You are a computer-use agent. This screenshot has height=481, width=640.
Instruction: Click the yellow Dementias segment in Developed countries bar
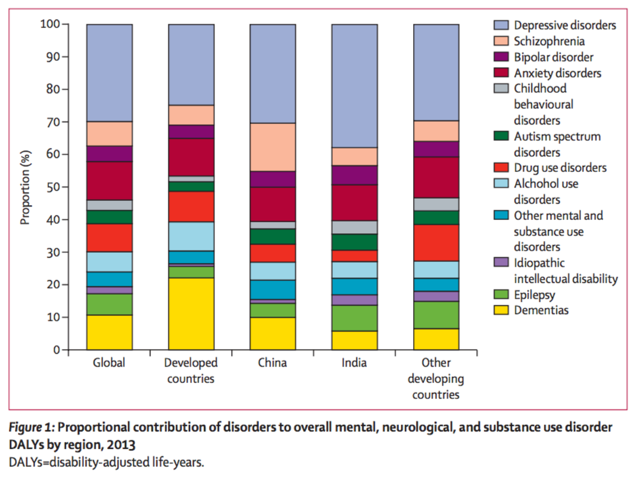pyautogui.click(x=191, y=314)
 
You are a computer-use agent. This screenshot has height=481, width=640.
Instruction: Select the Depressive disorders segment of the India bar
pyautogui.click(x=355, y=86)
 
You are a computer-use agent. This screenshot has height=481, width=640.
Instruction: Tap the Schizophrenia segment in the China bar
pyautogui.click(x=273, y=147)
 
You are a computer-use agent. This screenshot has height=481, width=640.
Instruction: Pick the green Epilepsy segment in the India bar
pyautogui.click(x=355, y=318)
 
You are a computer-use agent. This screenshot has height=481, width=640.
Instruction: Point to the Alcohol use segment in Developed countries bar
pyautogui.click(x=191, y=236)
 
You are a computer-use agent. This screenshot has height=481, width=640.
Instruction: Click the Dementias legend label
pyautogui.click(x=541, y=310)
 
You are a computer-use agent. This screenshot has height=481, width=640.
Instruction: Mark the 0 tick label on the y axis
pyautogui.click(x=56, y=350)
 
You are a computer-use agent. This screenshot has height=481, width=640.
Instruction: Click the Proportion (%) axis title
pyautogui.click(x=25, y=187)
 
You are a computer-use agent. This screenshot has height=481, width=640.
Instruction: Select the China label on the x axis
pyautogui.click(x=273, y=363)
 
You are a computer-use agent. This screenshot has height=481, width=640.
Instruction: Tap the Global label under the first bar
pyautogui.click(x=109, y=363)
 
